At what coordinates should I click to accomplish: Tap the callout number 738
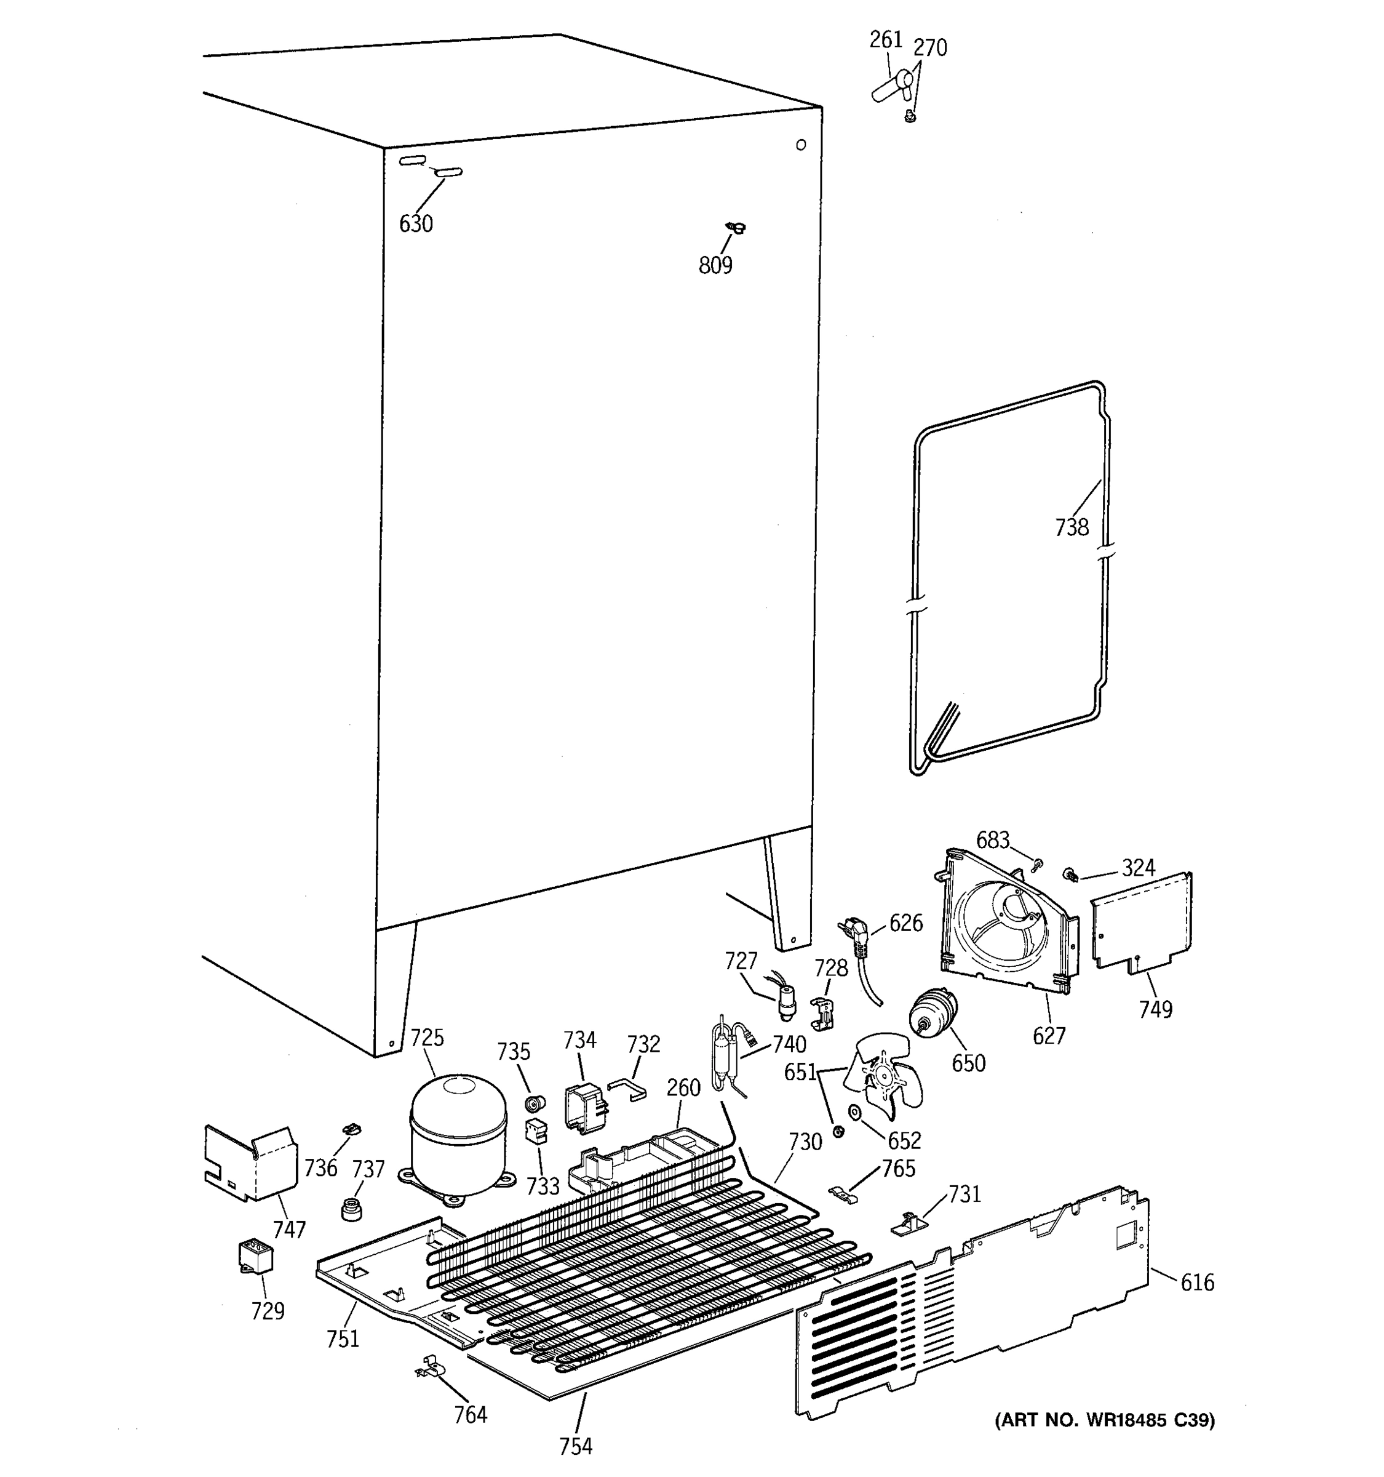[x=1072, y=527]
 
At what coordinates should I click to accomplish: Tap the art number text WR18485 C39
[x=1105, y=1420]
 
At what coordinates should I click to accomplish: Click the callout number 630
[x=416, y=223]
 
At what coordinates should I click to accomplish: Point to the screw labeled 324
[x=1072, y=875]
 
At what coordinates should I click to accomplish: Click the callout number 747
[x=289, y=1230]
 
